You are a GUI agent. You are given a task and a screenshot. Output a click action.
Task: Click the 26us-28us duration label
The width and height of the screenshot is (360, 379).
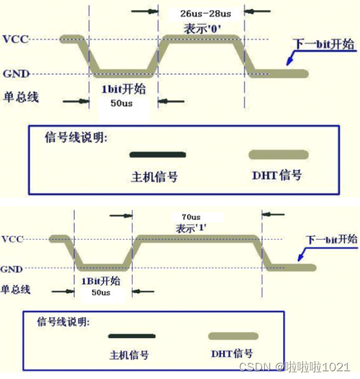click(x=206, y=14)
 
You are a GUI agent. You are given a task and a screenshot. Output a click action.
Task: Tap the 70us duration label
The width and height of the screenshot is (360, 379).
click(x=191, y=217)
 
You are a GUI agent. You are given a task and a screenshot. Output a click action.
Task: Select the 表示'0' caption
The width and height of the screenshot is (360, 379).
click(x=202, y=29)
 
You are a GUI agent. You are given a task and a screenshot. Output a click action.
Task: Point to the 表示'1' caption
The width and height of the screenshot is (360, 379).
click(x=191, y=228)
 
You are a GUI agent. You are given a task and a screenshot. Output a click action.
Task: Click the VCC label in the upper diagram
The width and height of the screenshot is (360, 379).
click(x=16, y=39)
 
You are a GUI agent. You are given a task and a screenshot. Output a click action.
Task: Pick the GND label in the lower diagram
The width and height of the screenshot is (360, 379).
click(x=12, y=269)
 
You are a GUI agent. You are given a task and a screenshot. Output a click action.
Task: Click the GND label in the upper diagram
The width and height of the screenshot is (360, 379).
click(x=16, y=73)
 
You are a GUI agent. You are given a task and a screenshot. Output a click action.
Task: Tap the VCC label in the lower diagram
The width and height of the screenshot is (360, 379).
click(x=12, y=239)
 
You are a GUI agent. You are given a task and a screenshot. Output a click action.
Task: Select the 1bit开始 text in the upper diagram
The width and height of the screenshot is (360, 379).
click(x=124, y=89)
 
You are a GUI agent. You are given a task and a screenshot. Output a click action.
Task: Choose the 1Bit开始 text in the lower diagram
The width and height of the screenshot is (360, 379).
click(x=101, y=281)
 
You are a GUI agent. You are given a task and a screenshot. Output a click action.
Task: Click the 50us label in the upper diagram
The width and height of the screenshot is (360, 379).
click(x=122, y=103)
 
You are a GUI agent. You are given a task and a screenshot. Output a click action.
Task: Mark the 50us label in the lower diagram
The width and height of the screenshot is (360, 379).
click(x=101, y=292)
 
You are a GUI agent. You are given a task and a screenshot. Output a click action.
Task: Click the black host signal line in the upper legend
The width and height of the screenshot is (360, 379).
click(x=158, y=155)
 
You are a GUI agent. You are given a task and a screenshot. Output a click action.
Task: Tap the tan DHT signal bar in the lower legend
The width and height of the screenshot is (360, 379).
click(x=233, y=336)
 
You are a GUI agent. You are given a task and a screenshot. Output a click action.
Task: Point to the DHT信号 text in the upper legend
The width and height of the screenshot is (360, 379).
click(x=277, y=175)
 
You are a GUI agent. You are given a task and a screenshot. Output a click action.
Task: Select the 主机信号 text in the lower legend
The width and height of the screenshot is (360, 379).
click(x=129, y=355)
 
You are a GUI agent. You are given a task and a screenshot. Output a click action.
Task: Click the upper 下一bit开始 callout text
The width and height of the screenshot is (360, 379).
click(x=324, y=44)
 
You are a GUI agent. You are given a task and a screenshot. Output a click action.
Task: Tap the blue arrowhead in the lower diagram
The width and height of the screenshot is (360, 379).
click(x=300, y=257)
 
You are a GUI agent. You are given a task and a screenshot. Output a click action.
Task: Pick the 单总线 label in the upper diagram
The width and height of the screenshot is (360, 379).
click(x=21, y=97)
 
